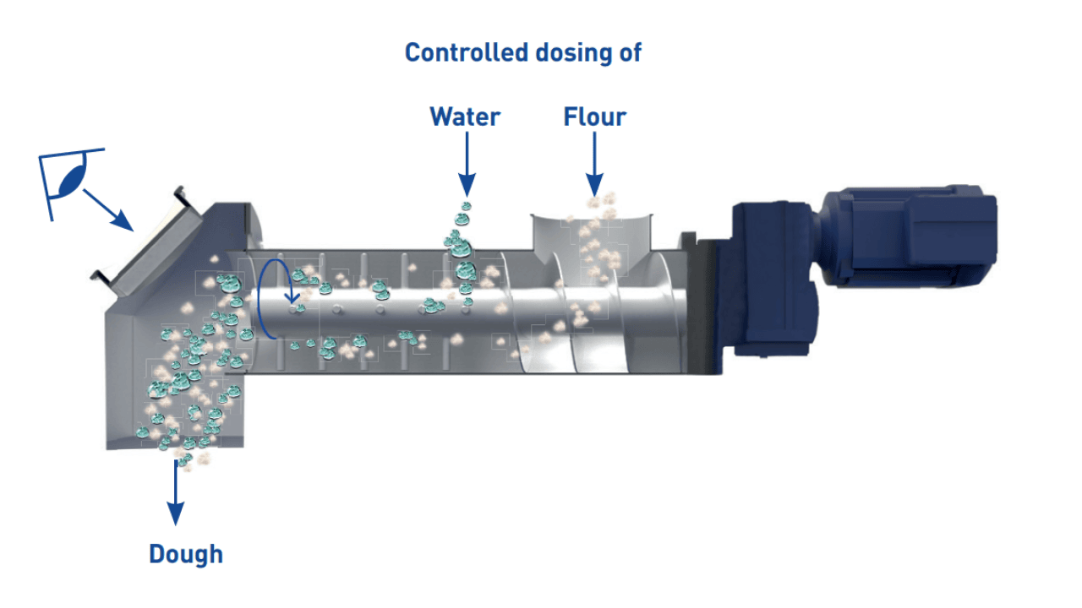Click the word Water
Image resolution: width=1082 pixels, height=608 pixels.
pyautogui.click(x=465, y=117)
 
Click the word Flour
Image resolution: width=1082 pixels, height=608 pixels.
pyautogui.click(x=595, y=117)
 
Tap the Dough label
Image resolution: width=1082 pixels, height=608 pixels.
pyautogui.click(x=186, y=555)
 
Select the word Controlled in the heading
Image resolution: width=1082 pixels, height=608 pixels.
pyautogui.click(x=466, y=52)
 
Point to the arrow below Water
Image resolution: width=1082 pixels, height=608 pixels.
pyautogui.click(x=467, y=165)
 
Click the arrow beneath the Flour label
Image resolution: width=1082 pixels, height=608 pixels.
pyautogui.click(x=594, y=165)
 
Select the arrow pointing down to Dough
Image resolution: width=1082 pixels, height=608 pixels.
pyautogui.click(x=175, y=492)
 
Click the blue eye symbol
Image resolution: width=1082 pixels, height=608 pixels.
pyautogui.click(x=73, y=181)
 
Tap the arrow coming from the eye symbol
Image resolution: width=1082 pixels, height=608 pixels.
pyautogui.click(x=108, y=210)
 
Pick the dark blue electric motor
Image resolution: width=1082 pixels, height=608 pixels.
pyautogui.click(x=908, y=236)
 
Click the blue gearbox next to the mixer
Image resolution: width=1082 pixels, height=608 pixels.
pyautogui.click(x=773, y=280)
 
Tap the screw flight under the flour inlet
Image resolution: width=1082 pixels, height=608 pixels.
pyautogui.click(x=580, y=313)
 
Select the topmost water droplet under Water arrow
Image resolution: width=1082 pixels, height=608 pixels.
pyautogui.click(x=466, y=207)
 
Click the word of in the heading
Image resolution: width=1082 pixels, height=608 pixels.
pyautogui.click(x=631, y=52)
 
